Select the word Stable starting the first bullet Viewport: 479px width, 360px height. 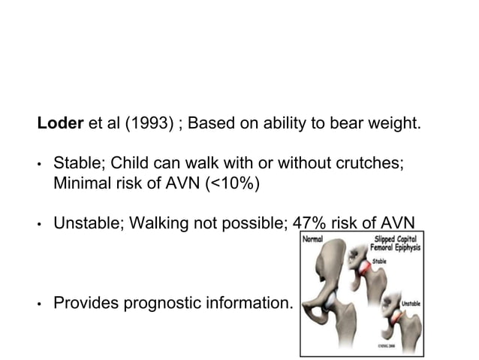coord(73,163)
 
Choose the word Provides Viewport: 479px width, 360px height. coord(83,303)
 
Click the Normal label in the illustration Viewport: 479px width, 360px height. coord(315,241)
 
